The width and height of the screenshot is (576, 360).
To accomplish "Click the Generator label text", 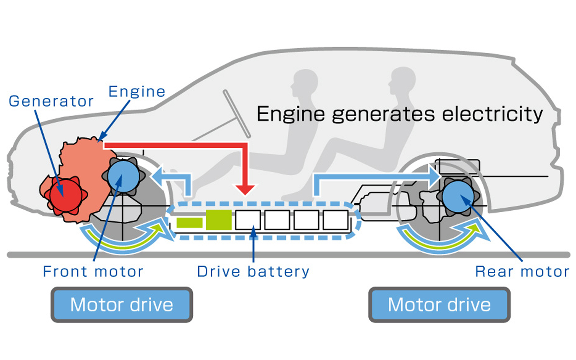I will pos(51,101).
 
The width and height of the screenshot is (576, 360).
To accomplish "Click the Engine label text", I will pos(137,91).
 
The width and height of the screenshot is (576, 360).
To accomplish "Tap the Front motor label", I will pos(93,271).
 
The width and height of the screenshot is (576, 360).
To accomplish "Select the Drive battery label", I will pos(253,271).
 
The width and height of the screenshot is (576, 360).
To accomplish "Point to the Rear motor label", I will pos(522,271).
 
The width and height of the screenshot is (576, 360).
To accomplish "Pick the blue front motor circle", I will pos(123,176).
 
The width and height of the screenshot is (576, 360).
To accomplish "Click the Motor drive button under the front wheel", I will pos(122,305).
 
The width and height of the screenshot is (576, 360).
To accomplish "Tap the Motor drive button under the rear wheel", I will pos(439,305).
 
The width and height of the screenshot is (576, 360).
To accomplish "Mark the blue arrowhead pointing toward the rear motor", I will pos(434,177).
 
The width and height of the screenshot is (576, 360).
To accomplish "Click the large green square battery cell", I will pos(218,220).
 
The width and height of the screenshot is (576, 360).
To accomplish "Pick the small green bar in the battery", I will pos(189,223).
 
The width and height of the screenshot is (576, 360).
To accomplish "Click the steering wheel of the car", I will pos(237,114).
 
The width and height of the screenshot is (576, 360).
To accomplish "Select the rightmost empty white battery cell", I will pos(336,220).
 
